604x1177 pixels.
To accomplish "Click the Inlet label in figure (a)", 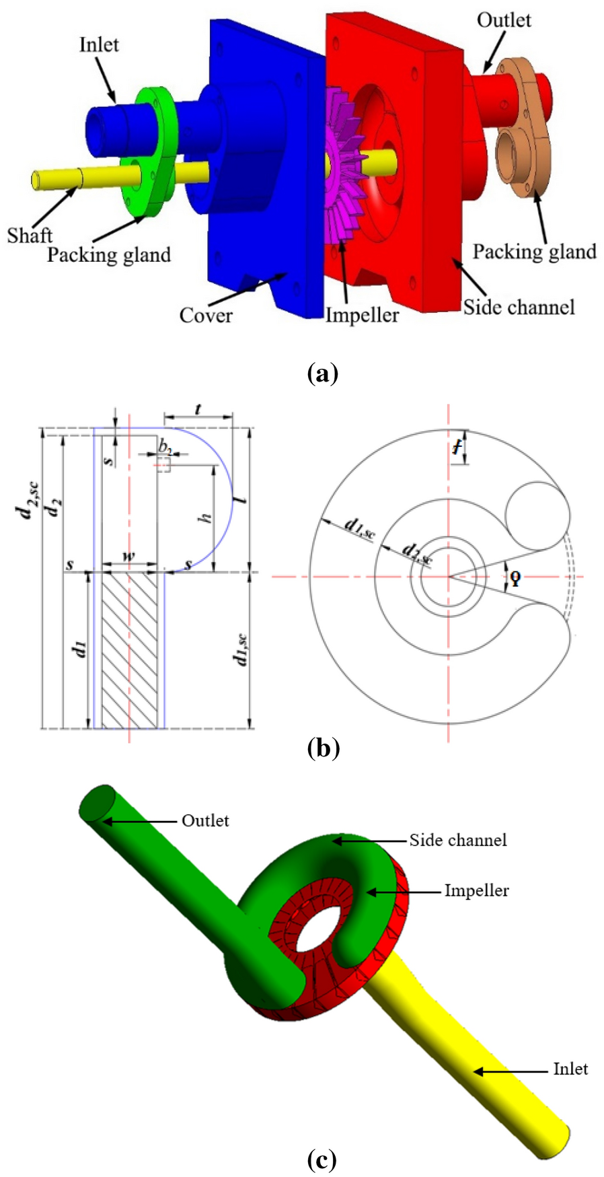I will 99,45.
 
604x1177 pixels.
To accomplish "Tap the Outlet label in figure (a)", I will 503,20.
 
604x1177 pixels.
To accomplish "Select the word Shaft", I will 30,235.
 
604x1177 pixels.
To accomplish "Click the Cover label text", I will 206,315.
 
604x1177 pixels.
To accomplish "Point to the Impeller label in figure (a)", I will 362,315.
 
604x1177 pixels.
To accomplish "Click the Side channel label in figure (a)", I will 519,308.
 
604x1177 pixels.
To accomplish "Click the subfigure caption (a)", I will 322,372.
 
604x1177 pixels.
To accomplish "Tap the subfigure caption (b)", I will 322,748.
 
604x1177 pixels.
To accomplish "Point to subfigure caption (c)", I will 321,1160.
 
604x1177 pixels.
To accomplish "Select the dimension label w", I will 128,557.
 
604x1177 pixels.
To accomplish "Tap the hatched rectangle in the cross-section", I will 128,649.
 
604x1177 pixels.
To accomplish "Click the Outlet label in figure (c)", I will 205,821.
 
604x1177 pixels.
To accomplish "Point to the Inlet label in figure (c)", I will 570,1069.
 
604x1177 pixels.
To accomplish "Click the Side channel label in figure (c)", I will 458,840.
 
